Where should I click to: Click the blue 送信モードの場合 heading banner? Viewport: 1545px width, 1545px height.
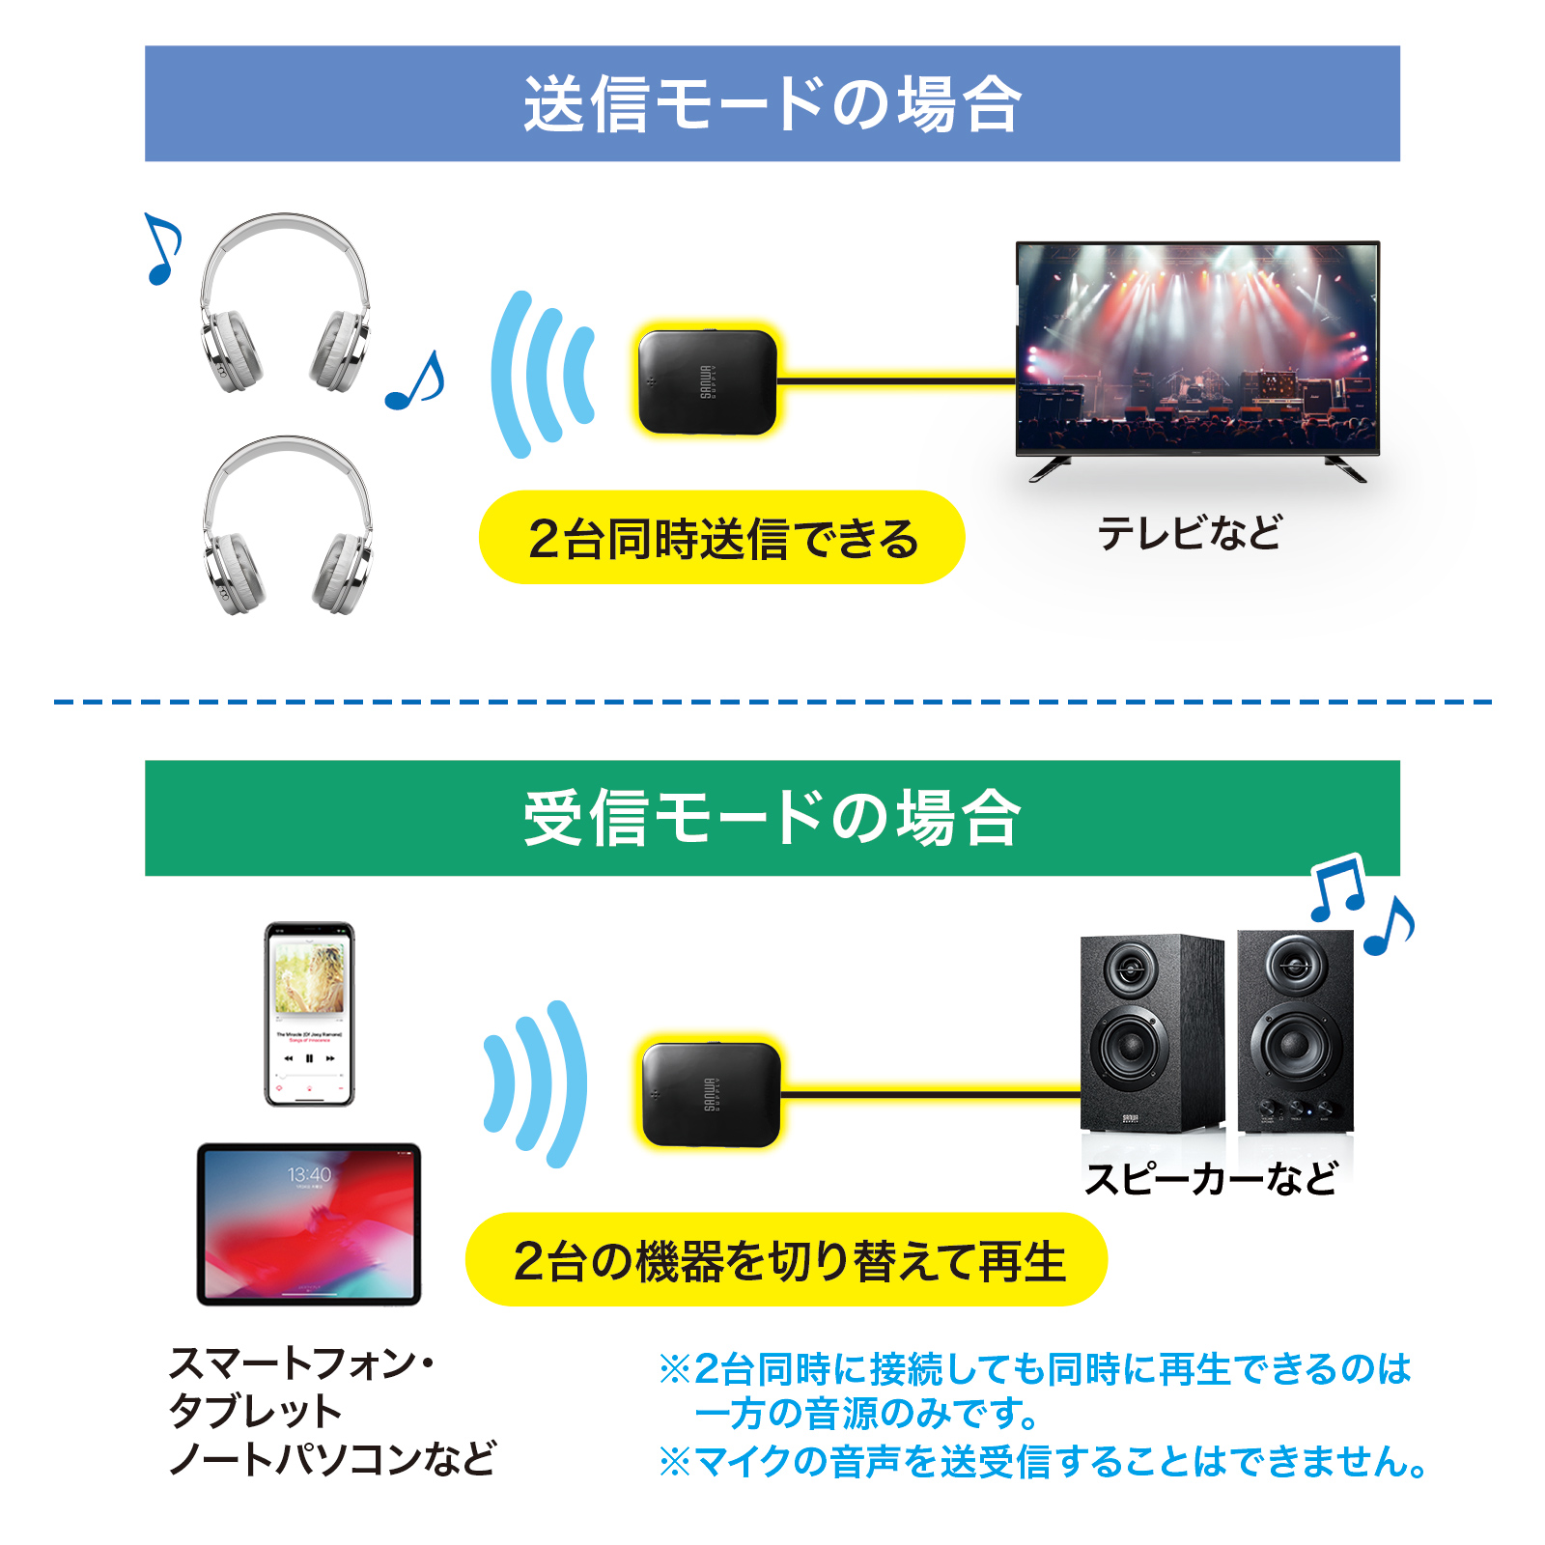point(772,103)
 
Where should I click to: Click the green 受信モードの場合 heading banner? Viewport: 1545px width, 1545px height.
point(772,818)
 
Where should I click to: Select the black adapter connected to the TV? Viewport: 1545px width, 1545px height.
point(707,382)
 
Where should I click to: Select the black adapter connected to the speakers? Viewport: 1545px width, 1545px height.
point(711,1094)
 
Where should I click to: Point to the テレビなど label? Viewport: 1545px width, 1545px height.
point(1190,533)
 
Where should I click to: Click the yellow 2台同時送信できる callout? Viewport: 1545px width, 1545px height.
point(722,538)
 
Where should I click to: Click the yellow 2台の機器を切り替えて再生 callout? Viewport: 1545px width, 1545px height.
point(787,1260)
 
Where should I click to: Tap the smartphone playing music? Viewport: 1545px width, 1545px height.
point(309,1014)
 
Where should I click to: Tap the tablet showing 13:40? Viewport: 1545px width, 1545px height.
point(309,1223)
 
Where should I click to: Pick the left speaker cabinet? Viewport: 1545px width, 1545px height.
point(1151,1033)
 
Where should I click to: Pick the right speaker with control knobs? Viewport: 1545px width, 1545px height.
point(1295,1031)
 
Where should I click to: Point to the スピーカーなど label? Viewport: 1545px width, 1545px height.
point(1211,1179)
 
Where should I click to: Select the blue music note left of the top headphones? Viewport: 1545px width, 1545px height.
point(161,249)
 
